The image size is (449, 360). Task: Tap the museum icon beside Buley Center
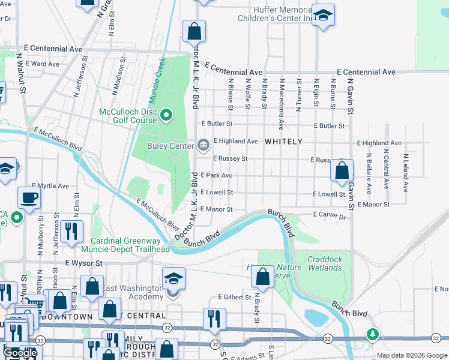[x=203, y=145]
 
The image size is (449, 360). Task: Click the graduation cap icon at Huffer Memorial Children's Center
[x=323, y=17]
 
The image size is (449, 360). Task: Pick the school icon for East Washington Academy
[x=173, y=278]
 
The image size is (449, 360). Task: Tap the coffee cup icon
[x=28, y=197]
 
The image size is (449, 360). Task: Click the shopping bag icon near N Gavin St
[x=341, y=170]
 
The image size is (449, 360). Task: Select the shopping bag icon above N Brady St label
[x=262, y=277]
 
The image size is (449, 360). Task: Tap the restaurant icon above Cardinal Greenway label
[x=73, y=230]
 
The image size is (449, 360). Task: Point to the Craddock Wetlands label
[x=325, y=264]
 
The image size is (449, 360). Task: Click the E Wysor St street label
[x=84, y=263]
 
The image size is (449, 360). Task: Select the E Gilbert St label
[x=234, y=297]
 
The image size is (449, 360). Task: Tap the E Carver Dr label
[x=330, y=214]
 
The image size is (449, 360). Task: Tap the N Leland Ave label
[x=406, y=173]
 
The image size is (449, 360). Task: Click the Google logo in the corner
[x=20, y=353]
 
